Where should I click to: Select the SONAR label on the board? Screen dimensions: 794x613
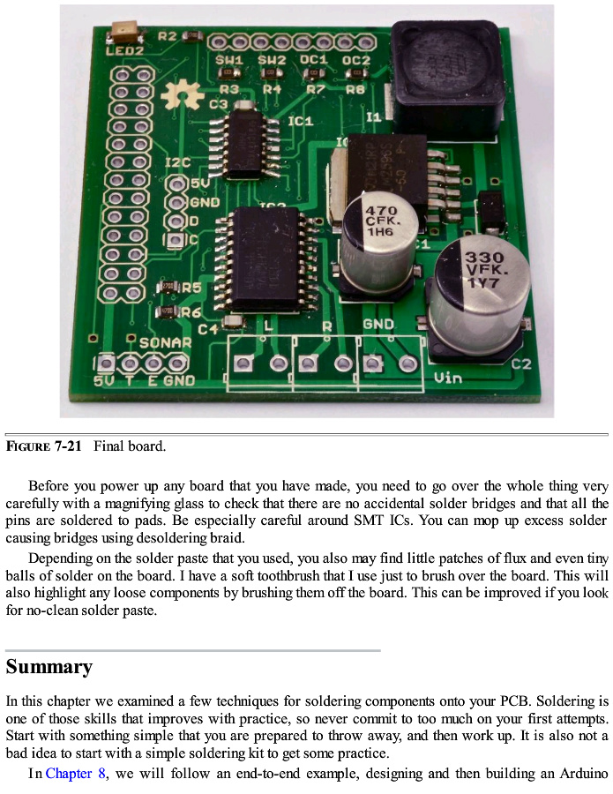tap(165, 342)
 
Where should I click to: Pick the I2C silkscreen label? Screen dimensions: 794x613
tap(177, 163)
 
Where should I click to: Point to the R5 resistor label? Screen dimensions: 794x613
tap(191, 288)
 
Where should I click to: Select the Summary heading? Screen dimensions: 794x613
tap(49, 666)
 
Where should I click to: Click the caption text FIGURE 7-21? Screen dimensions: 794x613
tap(43, 446)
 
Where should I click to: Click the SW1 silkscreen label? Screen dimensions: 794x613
tap(229, 60)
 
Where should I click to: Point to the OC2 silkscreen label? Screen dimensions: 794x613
tap(355, 60)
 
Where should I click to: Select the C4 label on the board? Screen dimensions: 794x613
tap(208, 329)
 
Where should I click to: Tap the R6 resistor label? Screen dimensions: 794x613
tap(191, 312)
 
